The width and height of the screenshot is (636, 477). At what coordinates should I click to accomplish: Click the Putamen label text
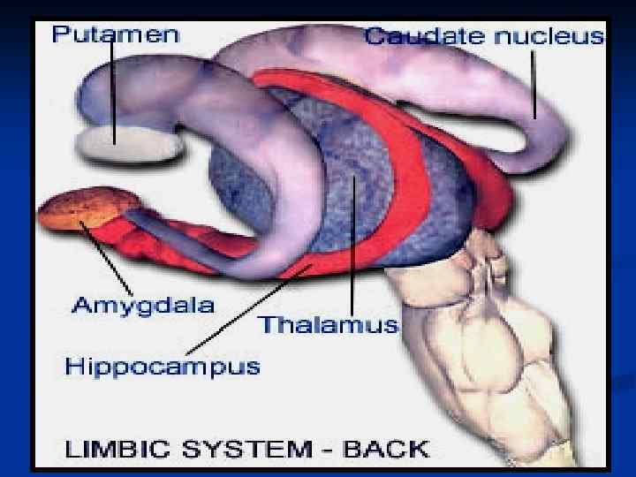[115, 35]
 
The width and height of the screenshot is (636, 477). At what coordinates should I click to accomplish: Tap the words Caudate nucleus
[484, 37]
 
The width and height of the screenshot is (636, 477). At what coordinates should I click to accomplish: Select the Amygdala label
[142, 307]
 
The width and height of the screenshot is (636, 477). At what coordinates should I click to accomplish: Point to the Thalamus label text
[328, 324]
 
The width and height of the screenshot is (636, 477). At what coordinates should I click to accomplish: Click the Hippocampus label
[163, 364]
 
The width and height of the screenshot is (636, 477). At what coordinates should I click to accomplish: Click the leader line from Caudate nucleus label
[534, 84]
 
